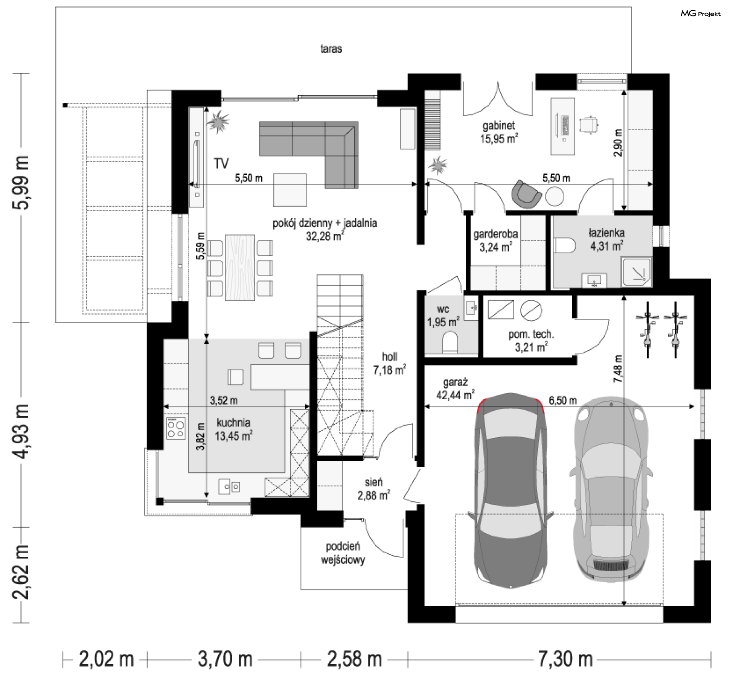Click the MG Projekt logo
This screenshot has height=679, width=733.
click(x=701, y=14)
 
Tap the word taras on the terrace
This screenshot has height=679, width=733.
click(x=331, y=49)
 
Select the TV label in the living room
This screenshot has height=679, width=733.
click(x=221, y=164)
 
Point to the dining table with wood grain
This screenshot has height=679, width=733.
click(x=240, y=267)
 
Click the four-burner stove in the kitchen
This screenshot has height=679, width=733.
click(x=176, y=428)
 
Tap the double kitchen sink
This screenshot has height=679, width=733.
click(x=229, y=486)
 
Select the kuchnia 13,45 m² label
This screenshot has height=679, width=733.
click(x=233, y=429)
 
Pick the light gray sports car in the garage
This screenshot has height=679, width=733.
click(x=610, y=489)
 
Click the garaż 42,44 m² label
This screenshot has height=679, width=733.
click(x=455, y=388)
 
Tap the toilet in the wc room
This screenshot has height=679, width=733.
click(x=450, y=341)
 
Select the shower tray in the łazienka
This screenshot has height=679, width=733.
click(x=636, y=272)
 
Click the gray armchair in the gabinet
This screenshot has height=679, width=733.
click(x=526, y=194)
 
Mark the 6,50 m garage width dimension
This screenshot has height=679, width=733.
click(x=563, y=400)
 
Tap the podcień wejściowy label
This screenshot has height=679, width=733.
click(x=343, y=553)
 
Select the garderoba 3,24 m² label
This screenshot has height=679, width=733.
click(x=496, y=240)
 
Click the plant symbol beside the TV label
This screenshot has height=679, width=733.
click(x=218, y=122)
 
